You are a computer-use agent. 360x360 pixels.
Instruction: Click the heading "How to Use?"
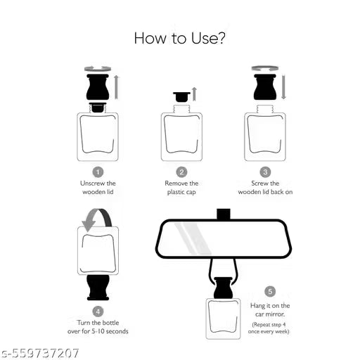pyautogui.click(x=180, y=38)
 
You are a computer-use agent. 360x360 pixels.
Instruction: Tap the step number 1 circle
pyautogui.click(x=98, y=172)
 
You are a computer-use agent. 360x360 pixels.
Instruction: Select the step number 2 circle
pyautogui.click(x=181, y=172)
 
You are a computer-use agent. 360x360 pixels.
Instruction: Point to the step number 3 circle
pyautogui.click(x=265, y=172)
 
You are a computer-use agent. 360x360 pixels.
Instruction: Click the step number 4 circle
pyautogui.click(x=98, y=309)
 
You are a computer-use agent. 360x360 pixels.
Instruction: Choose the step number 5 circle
pyautogui.click(x=270, y=291)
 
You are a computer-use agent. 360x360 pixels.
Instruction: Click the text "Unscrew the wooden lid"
pyautogui.click(x=98, y=188)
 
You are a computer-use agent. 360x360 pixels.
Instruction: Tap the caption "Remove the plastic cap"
pyautogui.click(x=181, y=188)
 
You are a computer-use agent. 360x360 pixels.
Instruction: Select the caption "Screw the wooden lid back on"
pyautogui.click(x=265, y=188)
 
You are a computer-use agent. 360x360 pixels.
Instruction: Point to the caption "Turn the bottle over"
pyautogui.click(x=98, y=326)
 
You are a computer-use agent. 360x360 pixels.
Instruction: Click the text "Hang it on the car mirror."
pyautogui.click(x=270, y=310)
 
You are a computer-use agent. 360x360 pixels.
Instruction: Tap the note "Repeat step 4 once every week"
pyautogui.click(x=270, y=327)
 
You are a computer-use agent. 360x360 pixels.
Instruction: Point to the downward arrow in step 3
pyautogui.click(x=283, y=86)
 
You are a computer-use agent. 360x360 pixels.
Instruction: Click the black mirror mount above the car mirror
pyautogui.click(x=224, y=213)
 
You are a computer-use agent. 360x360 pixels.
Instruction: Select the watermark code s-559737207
pyautogui.click(x=41, y=353)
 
